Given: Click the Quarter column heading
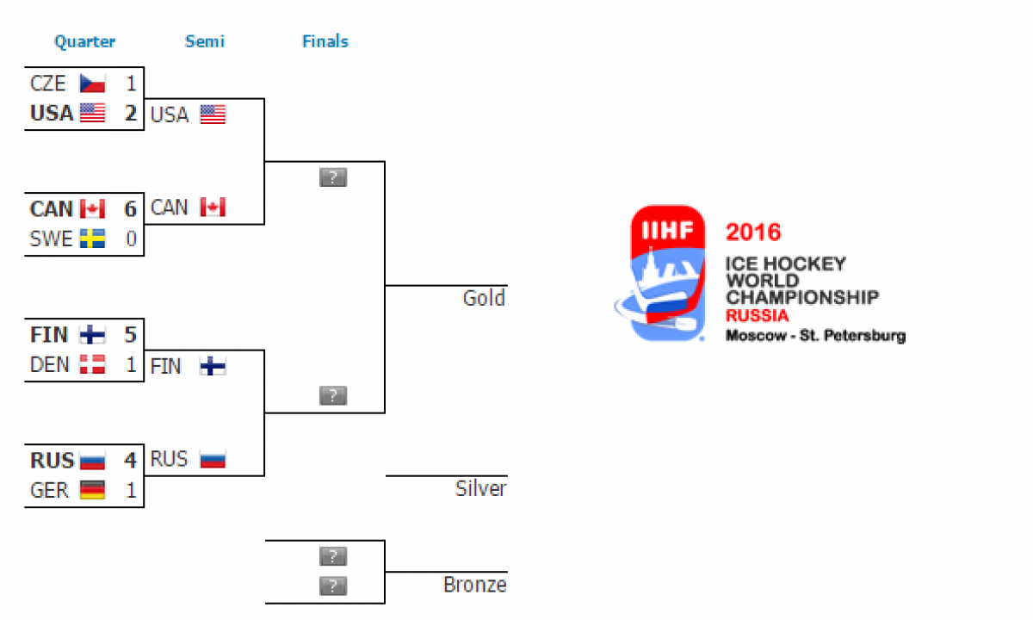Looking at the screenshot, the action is (85, 42).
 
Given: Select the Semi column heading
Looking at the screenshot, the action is (205, 41).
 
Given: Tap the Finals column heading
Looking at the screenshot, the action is (325, 41).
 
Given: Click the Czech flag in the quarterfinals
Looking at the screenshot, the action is (92, 84).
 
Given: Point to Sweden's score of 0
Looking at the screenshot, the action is (132, 239).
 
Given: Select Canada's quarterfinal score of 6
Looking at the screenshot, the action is (131, 209).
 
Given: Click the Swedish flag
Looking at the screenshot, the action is (92, 239).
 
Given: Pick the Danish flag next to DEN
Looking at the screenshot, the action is (92, 364).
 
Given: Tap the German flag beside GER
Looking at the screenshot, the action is (92, 490).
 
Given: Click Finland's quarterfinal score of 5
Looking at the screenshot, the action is (131, 334).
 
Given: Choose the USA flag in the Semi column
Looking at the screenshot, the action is (213, 115).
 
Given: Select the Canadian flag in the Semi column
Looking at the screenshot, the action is (213, 208).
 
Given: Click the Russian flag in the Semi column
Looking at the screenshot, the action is (213, 459).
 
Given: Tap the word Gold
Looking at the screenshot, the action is (484, 298).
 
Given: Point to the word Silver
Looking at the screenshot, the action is (480, 488).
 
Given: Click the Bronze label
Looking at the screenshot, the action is (475, 585).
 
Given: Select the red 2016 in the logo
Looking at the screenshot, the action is (753, 232).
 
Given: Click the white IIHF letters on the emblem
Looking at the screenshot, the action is (667, 230).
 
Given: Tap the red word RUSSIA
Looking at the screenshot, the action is (758, 316).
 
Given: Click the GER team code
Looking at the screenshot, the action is (49, 490).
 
